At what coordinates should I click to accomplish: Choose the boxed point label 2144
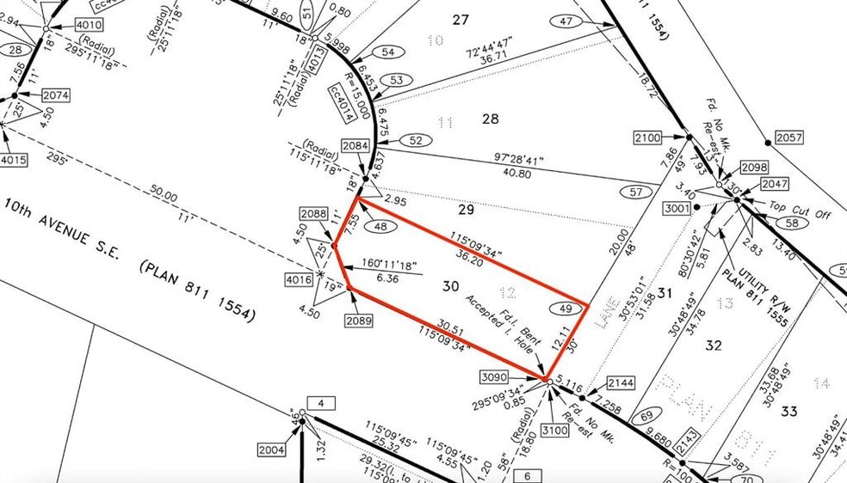click(x=620, y=382)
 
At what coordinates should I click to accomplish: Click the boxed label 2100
click(x=646, y=138)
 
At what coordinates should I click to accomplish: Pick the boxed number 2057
click(x=788, y=138)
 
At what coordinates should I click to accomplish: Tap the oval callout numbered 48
click(x=380, y=226)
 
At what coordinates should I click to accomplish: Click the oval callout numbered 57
click(x=638, y=193)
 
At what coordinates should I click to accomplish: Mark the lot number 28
click(x=490, y=119)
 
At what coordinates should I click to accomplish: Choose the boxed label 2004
click(x=271, y=449)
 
